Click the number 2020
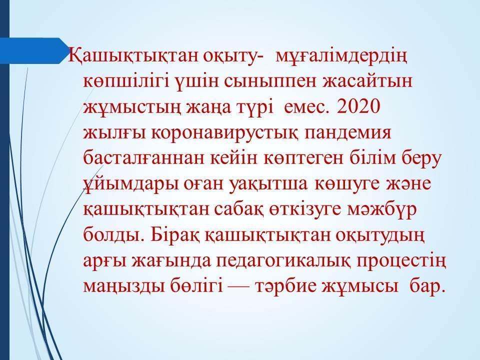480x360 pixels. coord(358,107)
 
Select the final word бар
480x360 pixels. coord(426,285)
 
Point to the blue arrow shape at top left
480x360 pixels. coord(33,51)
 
